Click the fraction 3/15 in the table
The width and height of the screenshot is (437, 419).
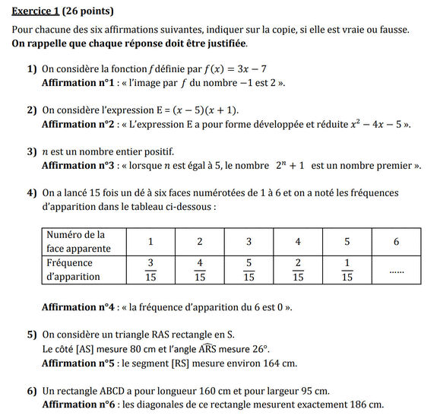pos(150,270)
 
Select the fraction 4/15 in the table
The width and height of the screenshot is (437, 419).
pos(200,270)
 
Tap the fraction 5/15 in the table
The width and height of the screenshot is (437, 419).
pos(249,270)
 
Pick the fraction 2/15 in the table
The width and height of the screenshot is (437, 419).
pos(298,270)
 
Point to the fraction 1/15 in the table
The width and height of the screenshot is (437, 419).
pos(347,270)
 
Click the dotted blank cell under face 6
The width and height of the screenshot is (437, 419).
pos(396,270)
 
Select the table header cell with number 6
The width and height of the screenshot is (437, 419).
pos(396,242)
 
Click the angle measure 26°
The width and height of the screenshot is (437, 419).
pos(261,350)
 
